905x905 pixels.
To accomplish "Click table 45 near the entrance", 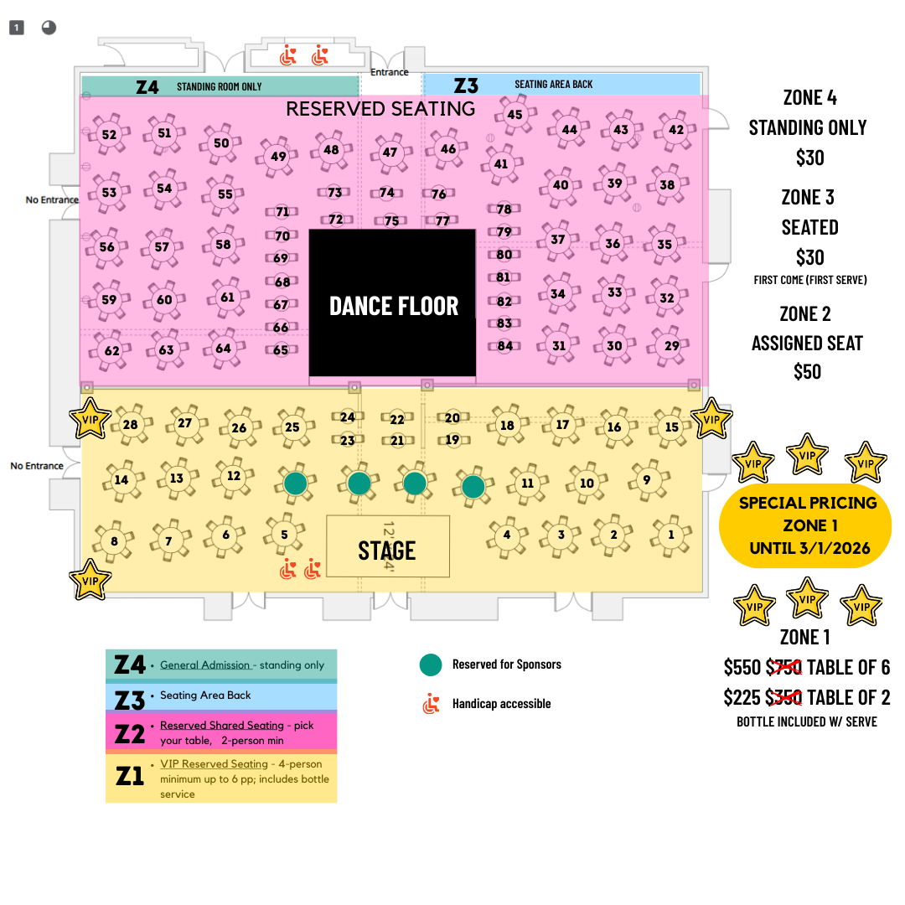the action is pos(515,115).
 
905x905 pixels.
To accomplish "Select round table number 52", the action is pos(109,134).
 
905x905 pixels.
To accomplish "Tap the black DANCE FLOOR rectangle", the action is pos(393,304).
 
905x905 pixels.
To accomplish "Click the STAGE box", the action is pos(387,550).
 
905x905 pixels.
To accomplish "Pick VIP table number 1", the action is pos(670,535).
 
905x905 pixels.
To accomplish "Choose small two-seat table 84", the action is pos(504,345).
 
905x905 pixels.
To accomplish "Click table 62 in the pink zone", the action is pos(111,351).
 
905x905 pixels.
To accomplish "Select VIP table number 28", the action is pos(130,425).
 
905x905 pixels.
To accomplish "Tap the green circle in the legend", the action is pos(431,665).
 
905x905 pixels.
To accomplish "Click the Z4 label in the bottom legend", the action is pos(130,665).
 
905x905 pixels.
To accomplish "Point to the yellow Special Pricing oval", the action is pos(806,526).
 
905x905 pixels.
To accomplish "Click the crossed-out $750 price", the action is pos(784,668).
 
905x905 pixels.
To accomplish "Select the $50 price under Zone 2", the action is pos(808,371).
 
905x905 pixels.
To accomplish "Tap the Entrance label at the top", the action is pos(390,72).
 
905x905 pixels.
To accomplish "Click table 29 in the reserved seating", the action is pos(671,345).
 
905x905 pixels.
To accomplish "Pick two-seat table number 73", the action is pos(334,193).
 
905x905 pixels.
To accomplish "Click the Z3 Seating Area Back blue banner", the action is pos(561,85).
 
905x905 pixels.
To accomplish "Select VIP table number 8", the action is pos(114,541).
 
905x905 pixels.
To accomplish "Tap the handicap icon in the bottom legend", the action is pos(431,704).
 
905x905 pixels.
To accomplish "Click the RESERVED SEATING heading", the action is pos(380,109).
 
